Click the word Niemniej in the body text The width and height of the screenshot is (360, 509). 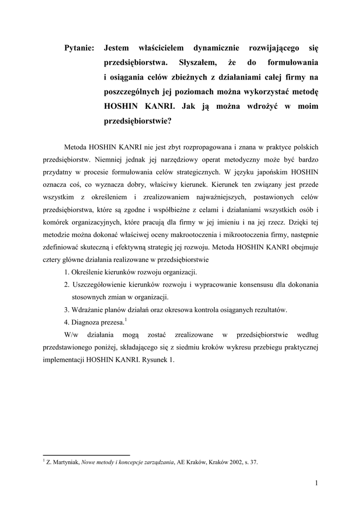pyautogui.click(x=110, y=161)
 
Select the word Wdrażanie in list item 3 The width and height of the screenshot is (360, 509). pyautogui.click(x=89, y=309)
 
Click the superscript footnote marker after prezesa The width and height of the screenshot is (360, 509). pyautogui.click(x=126, y=319)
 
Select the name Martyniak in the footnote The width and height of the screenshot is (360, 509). pyautogui.click(x=65, y=462)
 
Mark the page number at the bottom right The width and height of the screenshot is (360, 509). pyautogui.click(x=316, y=482)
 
